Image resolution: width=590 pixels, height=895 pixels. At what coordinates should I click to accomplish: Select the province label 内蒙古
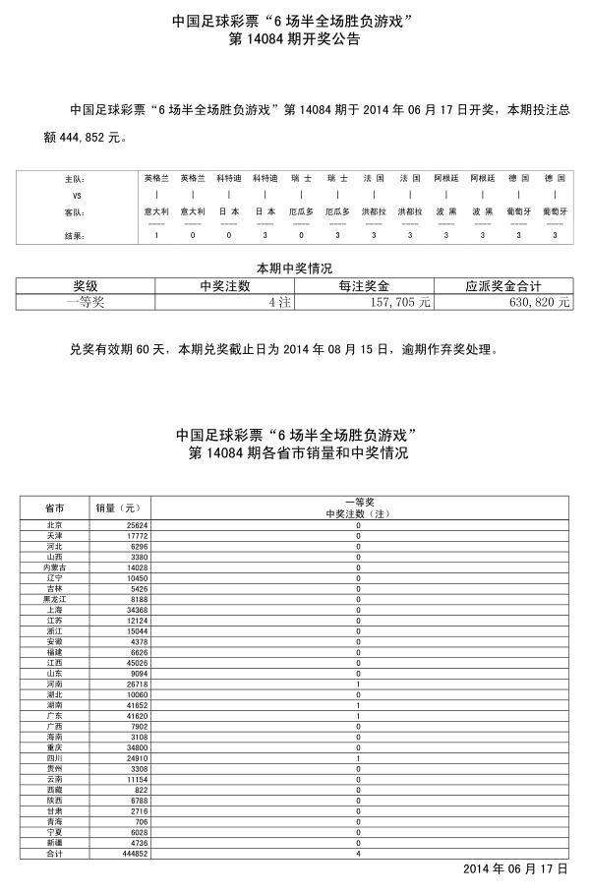pyautogui.click(x=55, y=567)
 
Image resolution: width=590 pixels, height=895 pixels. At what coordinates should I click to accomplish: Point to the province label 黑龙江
pyautogui.click(x=55, y=599)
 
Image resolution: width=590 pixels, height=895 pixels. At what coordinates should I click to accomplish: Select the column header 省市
pyautogui.click(x=55, y=507)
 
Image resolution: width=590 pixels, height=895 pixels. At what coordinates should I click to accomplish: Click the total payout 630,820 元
pyautogui.click(x=536, y=303)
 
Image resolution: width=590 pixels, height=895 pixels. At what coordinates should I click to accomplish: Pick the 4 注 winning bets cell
pyautogui.click(x=279, y=303)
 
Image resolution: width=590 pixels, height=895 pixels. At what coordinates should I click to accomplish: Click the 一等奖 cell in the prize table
pyautogui.click(x=86, y=303)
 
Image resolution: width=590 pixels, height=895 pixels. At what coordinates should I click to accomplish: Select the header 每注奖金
pyautogui.click(x=364, y=286)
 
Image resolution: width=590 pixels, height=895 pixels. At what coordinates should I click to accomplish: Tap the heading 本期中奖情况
pyautogui.click(x=294, y=268)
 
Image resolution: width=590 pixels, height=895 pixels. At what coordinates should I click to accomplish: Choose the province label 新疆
pyautogui.click(x=55, y=843)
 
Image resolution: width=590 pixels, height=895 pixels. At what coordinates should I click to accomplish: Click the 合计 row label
pyautogui.click(x=55, y=853)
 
